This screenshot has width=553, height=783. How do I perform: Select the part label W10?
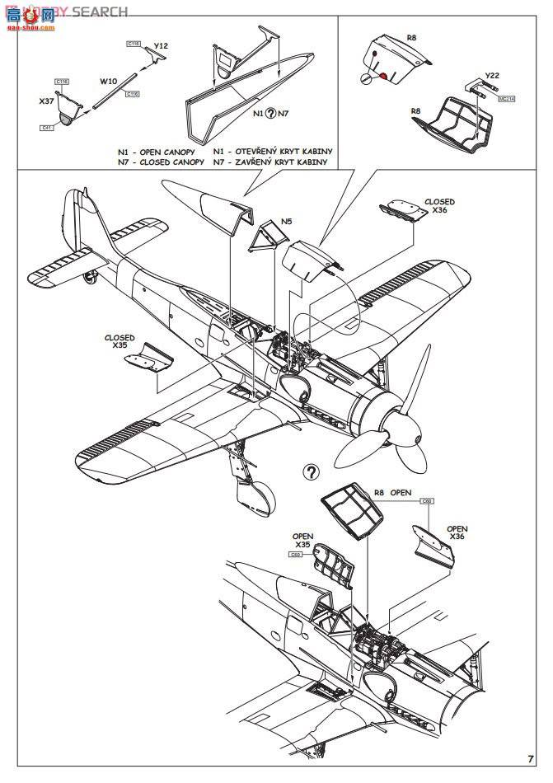(x=108, y=82)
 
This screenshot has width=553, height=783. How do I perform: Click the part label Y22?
(x=492, y=74)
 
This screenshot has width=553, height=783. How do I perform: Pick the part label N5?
(x=286, y=221)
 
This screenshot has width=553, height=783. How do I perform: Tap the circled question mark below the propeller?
(x=311, y=471)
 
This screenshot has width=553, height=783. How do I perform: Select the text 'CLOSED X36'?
(x=438, y=205)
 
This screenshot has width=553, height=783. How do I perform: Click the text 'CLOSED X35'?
(x=120, y=341)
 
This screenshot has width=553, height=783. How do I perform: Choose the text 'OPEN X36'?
(x=457, y=533)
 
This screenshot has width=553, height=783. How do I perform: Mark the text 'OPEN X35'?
(x=302, y=541)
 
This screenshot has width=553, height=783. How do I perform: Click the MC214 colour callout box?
(x=506, y=98)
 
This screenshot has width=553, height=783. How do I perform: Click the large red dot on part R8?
(x=383, y=76)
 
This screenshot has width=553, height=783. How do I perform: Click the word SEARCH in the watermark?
(x=100, y=12)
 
